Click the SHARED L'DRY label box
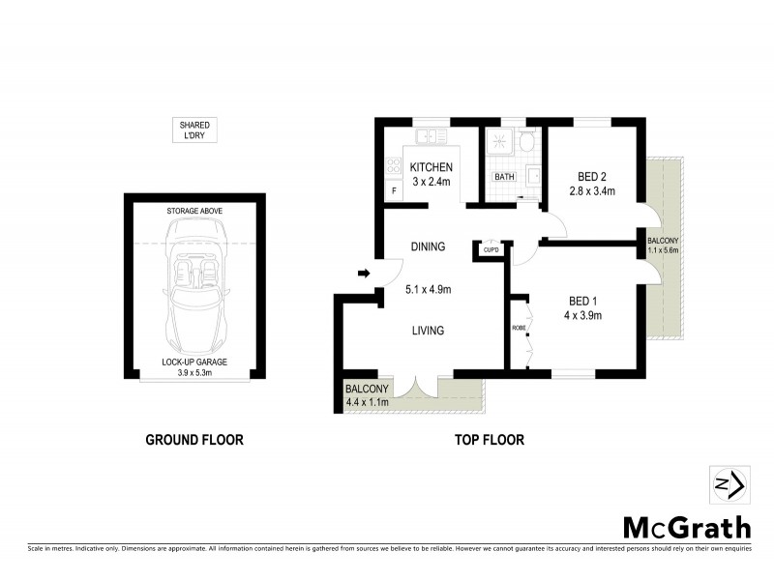[x=193, y=130]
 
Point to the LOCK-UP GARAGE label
[x=194, y=362]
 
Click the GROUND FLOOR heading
[x=193, y=440]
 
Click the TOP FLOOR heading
[x=490, y=440]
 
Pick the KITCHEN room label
[x=432, y=167]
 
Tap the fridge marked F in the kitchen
[x=394, y=190]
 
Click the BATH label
[x=505, y=177]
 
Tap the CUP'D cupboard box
[x=491, y=250]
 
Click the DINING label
[x=428, y=246]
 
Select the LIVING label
[x=428, y=331]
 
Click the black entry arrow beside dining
[x=364, y=274]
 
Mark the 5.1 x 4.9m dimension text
[x=428, y=288]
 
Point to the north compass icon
[x=727, y=483]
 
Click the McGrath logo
[x=686, y=528]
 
